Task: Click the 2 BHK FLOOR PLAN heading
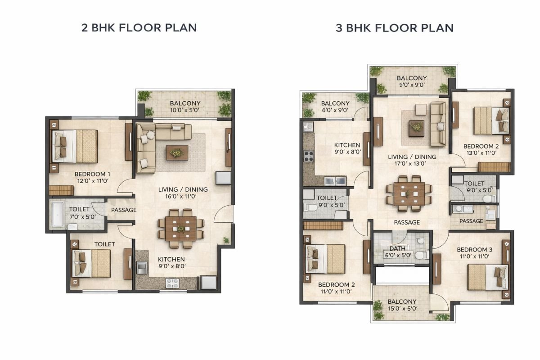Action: (x=139, y=28)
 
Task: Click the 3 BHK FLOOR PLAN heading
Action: (x=395, y=28)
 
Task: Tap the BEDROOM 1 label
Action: (x=92, y=174)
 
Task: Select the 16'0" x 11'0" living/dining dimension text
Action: (x=183, y=197)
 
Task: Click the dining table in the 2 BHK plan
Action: (x=180, y=229)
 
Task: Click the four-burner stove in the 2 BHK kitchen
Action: (x=172, y=283)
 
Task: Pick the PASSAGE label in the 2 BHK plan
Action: (x=123, y=210)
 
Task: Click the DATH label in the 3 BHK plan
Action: (x=397, y=248)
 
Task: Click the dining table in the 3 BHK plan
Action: (x=409, y=193)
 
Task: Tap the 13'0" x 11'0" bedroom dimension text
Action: (x=481, y=153)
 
